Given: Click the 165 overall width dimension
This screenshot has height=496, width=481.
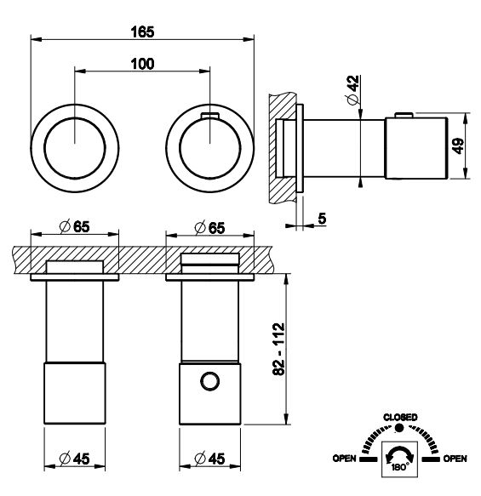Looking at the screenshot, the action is point(142,32).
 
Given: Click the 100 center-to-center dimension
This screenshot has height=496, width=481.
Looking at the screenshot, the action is point(142,64).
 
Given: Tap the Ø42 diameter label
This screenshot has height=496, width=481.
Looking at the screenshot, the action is point(353,90).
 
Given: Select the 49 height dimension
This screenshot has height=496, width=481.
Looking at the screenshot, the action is point(459,145).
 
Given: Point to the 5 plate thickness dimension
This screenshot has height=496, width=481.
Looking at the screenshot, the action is point(322,219).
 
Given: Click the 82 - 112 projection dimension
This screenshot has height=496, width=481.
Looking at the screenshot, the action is point(278,349).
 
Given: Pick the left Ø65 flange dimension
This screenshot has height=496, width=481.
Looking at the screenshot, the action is point(75,227).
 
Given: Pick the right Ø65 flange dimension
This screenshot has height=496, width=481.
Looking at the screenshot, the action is point(209,228).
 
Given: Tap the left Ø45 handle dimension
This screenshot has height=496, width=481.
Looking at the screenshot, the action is point(75,459).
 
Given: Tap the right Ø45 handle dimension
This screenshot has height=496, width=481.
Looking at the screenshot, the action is point(209,459).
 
